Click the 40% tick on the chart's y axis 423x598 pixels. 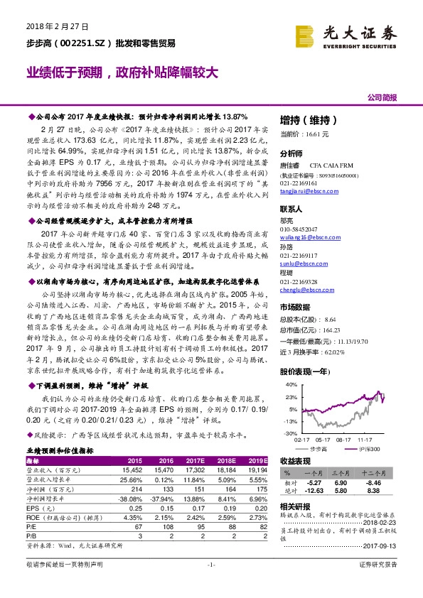(x=290, y=384)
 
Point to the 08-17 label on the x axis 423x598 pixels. (x=345, y=439)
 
